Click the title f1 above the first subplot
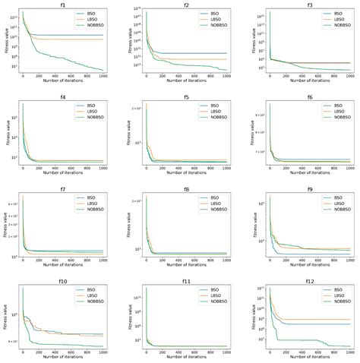click(x=62, y=5)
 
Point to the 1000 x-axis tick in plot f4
click(x=103, y=169)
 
